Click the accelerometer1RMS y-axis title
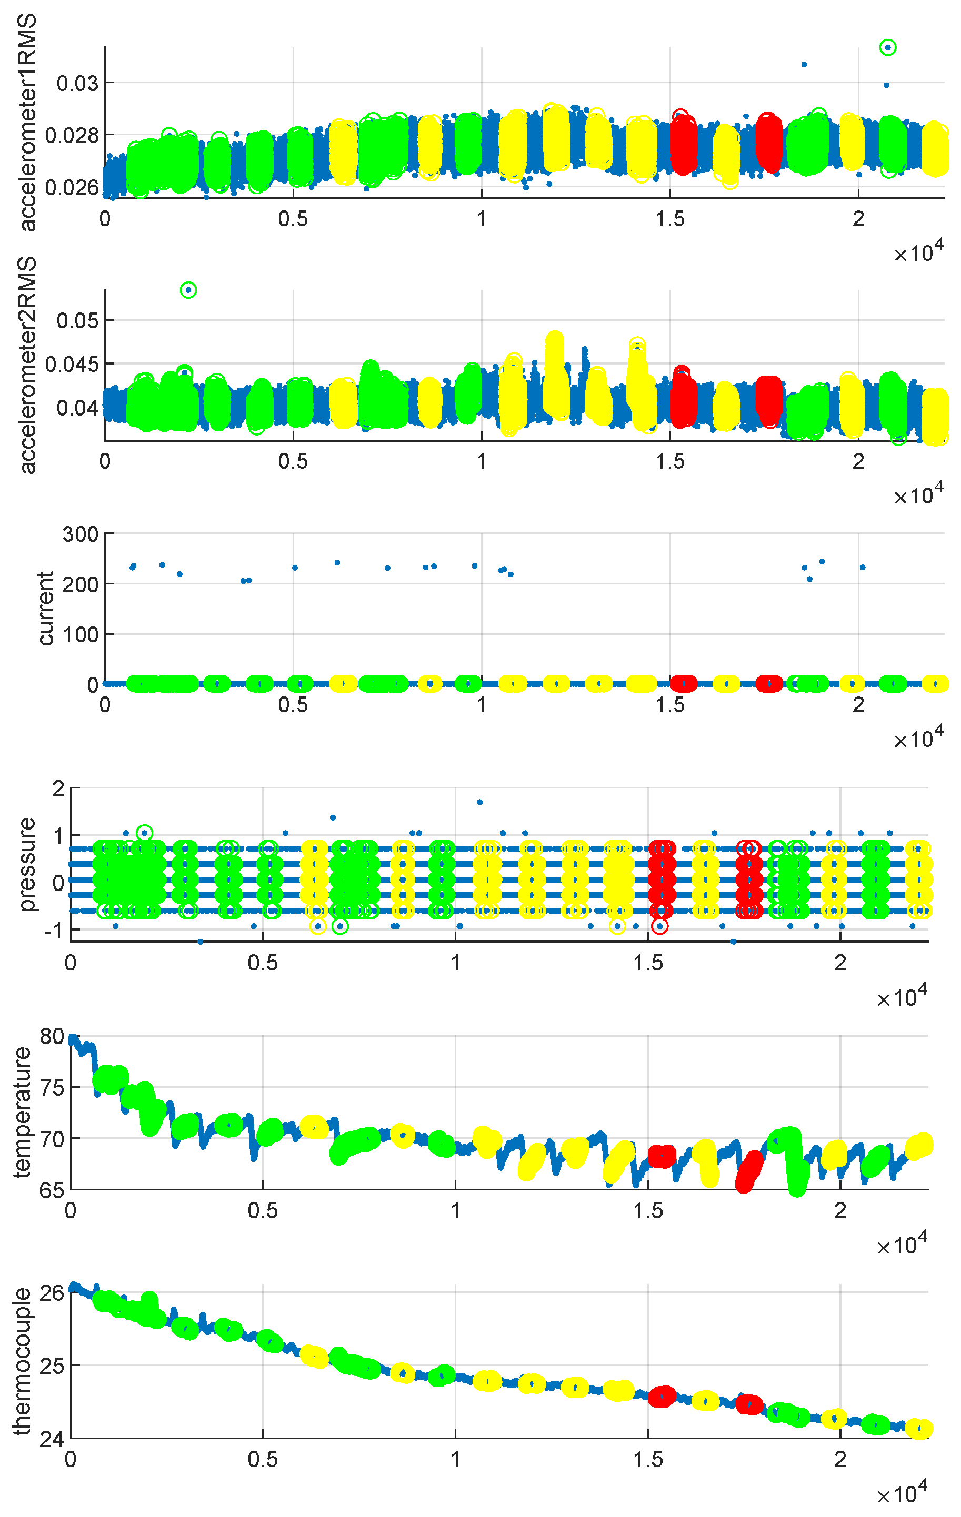pyautogui.click(x=27, y=123)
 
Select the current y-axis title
pyautogui.click(x=45, y=609)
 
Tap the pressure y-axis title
pyautogui.click(x=27, y=864)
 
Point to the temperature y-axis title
pyautogui.click(x=23, y=1113)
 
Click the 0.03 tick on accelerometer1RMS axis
pyautogui.click(x=77, y=83)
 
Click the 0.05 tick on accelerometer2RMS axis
pyautogui.click(x=77, y=321)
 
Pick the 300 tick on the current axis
pyautogui.click(x=79, y=534)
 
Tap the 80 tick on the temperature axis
pyautogui.click(x=52, y=1036)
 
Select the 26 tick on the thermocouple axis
pyautogui.click(x=52, y=1293)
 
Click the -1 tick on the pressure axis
pyautogui.click(x=53, y=931)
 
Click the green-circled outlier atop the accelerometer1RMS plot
pyautogui.click(x=887, y=47)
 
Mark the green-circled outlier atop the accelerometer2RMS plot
pyautogui.click(x=188, y=290)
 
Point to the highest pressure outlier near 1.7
pyautogui.click(x=479, y=802)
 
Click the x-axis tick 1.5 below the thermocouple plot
pyautogui.click(x=648, y=1459)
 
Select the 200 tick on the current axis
pyautogui.click(x=79, y=584)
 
